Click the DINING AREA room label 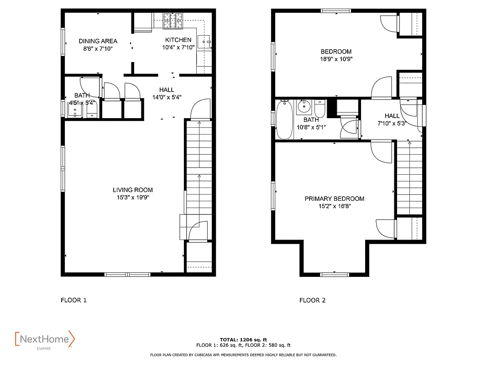(x=98, y=41)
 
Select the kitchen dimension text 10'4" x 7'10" (x=178, y=47)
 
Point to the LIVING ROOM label (x=133, y=190)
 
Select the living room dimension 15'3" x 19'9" (x=133, y=197)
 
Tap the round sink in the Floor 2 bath (x=304, y=108)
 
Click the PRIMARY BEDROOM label (x=334, y=198)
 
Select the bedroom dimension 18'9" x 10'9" (x=336, y=59)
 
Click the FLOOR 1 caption (x=73, y=300)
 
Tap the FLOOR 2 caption (x=312, y=300)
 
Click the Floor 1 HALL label (x=167, y=89)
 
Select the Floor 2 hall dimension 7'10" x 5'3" (x=392, y=123)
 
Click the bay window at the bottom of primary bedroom (x=334, y=274)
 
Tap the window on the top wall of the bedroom (x=336, y=10)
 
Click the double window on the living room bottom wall (x=127, y=274)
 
